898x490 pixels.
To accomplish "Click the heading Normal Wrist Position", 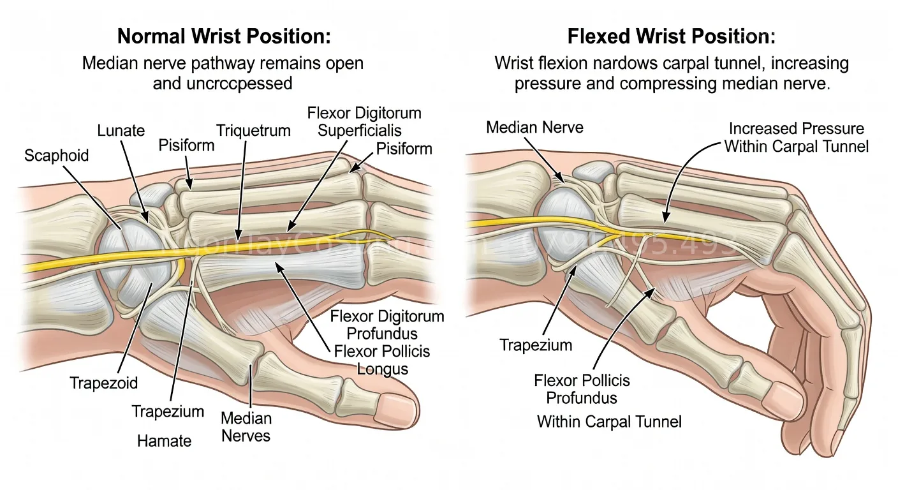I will (225, 36).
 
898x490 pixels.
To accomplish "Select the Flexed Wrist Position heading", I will (671, 36).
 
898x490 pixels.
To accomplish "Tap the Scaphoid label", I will (56, 155).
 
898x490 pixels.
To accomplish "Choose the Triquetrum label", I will (253, 131).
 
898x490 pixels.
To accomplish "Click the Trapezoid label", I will (103, 383).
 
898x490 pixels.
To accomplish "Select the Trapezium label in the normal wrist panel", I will (168, 412).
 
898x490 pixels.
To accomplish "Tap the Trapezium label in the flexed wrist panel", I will (536, 345).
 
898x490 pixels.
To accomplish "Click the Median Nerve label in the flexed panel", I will (534, 127).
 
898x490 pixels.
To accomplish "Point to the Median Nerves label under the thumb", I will (246, 427).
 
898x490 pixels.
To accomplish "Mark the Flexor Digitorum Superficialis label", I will (364, 122).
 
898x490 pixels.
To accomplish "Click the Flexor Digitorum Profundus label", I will (387, 325).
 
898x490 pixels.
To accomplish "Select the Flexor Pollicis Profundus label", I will (582, 389).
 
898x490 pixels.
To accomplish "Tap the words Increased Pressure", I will (797, 129).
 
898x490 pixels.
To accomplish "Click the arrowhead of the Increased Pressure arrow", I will (663, 219).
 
